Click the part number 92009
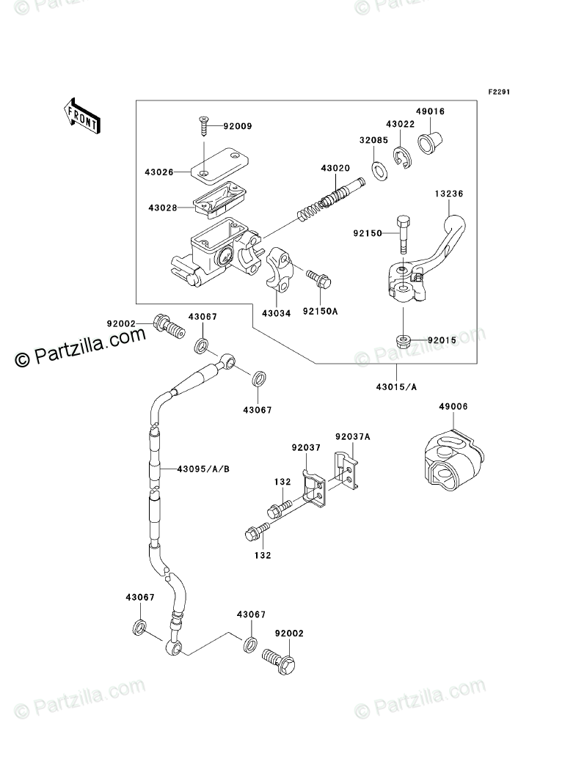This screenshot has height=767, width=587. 218,126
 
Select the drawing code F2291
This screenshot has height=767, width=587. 500,92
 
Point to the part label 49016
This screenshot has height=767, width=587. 432,111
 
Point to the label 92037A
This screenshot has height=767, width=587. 353,437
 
